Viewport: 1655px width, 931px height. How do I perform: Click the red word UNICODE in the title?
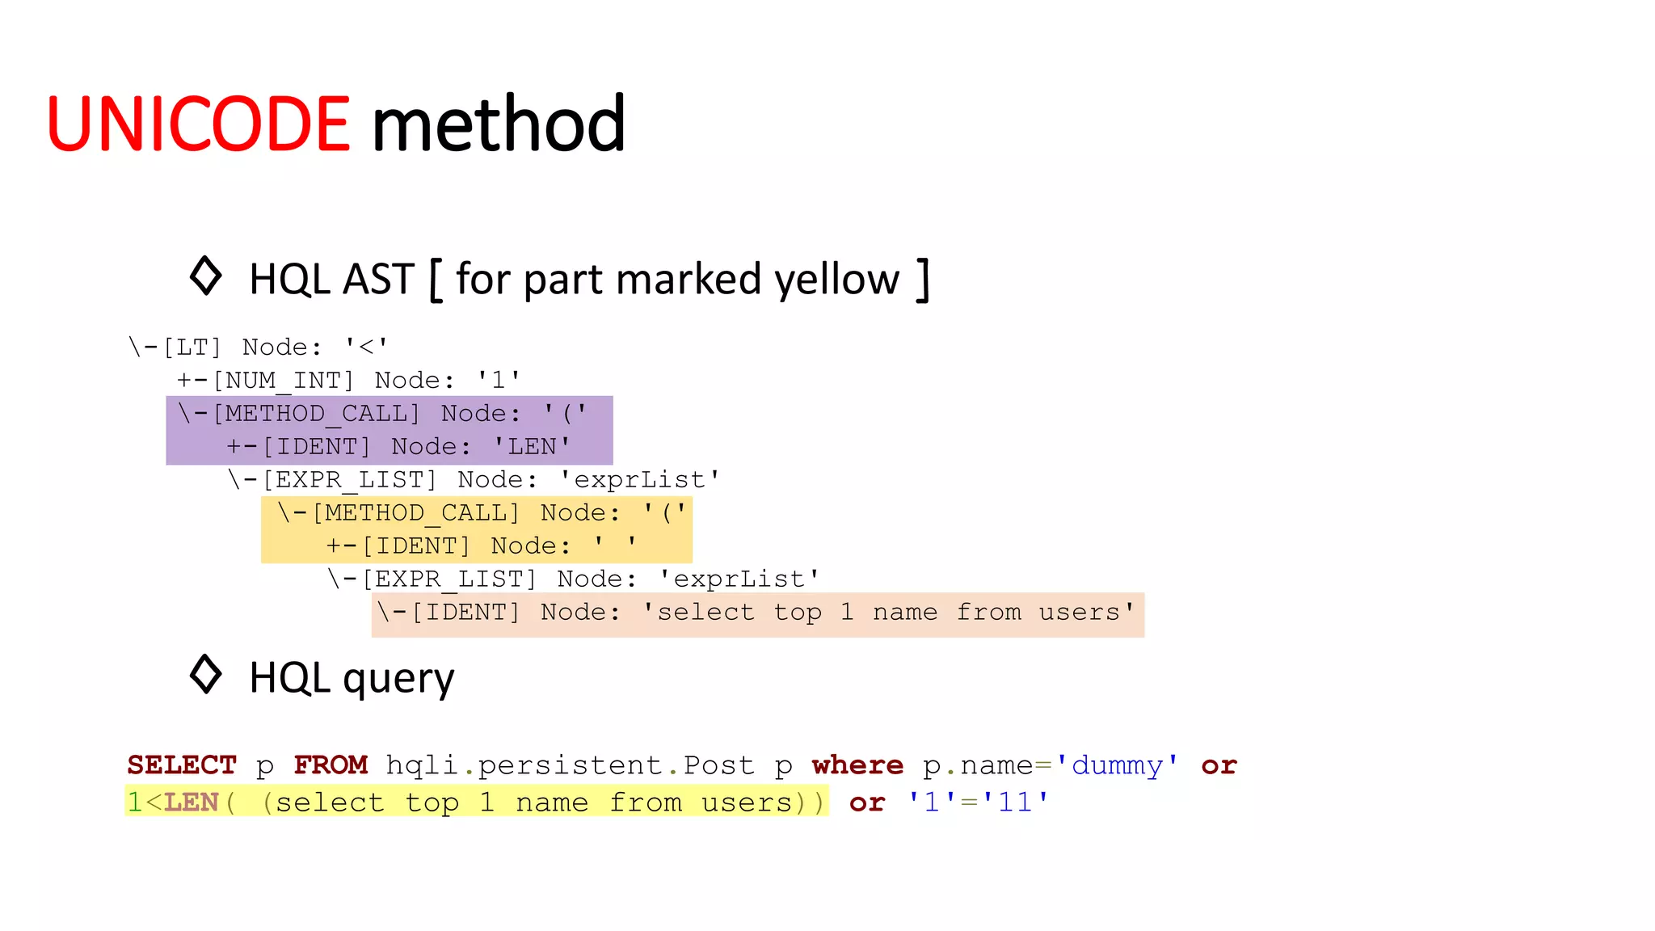[199, 124]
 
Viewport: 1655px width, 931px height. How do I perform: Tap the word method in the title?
[499, 124]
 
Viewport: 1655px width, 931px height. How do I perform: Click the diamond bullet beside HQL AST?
[205, 276]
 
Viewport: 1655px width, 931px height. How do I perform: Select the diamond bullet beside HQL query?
[205, 674]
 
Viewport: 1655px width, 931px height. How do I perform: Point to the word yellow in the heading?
[836, 280]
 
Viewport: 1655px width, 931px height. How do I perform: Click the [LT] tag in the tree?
[192, 348]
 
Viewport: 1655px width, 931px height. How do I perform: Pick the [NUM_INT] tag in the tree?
[283, 381]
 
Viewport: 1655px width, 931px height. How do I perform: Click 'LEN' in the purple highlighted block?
[532, 447]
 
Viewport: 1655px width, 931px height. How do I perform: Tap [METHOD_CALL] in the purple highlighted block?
[316, 414]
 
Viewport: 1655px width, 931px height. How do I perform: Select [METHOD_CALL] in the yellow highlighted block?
[415, 513]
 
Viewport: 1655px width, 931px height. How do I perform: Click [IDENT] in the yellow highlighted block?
[415, 546]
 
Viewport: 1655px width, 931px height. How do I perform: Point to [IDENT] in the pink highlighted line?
[465, 613]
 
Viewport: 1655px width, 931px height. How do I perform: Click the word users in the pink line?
[1079, 613]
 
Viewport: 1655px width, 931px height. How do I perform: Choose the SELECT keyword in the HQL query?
[182, 765]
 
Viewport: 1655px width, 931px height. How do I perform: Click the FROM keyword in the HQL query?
[331, 765]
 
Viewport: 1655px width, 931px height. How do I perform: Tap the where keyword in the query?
[857, 765]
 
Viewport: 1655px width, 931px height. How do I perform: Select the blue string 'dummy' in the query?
[1117, 765]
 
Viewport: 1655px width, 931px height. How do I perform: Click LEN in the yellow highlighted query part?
[192, 803]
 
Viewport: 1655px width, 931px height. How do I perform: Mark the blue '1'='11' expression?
[978, 803]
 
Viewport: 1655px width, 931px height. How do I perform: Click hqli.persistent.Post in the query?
[570, 765]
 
